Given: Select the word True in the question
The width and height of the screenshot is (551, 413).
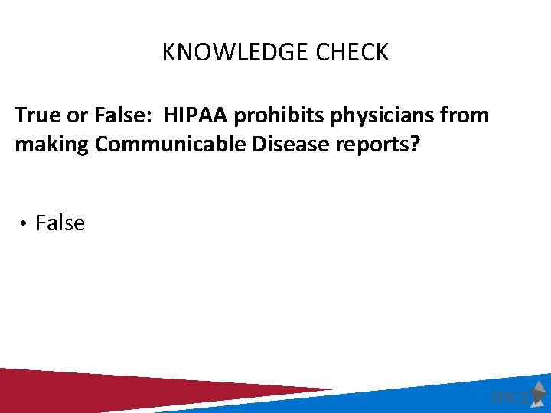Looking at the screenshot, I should point(35,115).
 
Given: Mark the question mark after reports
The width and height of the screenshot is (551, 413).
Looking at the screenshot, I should point(415,145).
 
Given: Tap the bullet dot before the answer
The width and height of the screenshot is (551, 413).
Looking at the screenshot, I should point(24,224).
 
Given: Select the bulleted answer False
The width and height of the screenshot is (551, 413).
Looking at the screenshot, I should point(60,223).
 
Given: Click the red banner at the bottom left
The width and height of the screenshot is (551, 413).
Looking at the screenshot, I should point(115,390).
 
